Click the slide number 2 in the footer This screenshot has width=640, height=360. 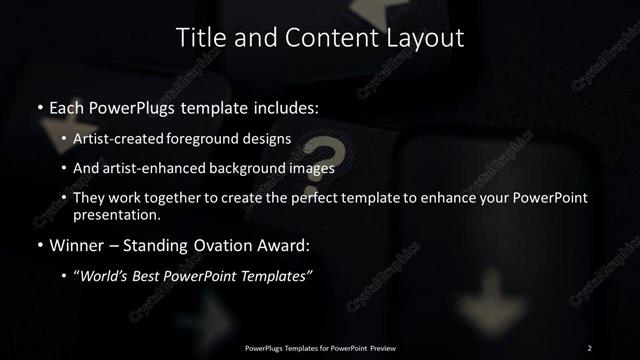pyautogui.click(x=590, y=347)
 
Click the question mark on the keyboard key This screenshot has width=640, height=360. pyautogui.click(x=337, y=154)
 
